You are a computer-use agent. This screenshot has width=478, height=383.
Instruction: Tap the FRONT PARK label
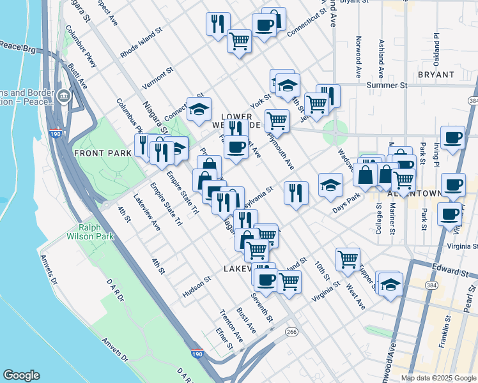point(102,153)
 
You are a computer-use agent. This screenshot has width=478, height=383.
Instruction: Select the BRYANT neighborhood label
point(436,75)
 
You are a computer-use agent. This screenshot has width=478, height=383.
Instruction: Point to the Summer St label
point(383,85)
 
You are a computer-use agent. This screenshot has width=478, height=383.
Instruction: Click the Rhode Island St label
point(142,43)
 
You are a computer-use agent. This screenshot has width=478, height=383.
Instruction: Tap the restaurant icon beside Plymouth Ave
point(296,192)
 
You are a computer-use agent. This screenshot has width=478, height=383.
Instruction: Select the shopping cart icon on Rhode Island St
point(239,41)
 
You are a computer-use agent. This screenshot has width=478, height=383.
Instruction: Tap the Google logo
point(22,375)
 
